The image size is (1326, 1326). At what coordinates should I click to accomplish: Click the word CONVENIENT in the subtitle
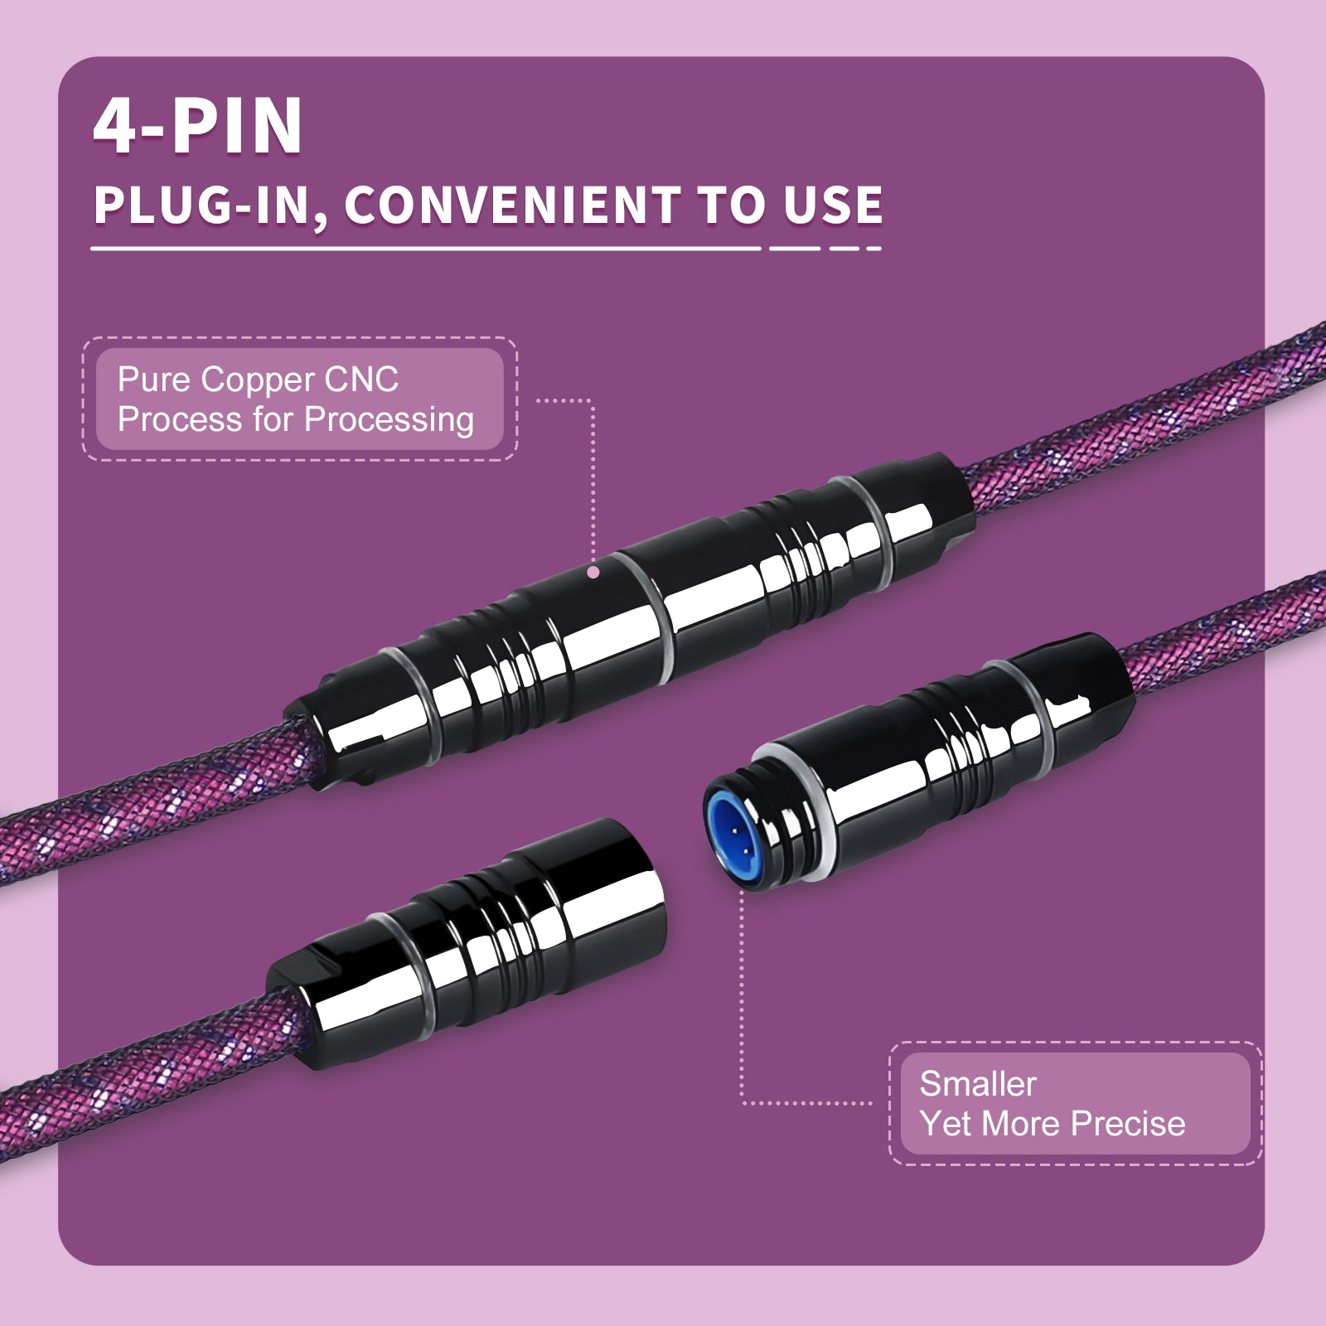pos(512,206)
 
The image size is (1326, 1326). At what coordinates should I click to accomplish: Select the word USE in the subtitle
pos(833,206)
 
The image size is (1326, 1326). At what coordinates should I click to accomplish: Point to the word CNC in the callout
pos(362,380)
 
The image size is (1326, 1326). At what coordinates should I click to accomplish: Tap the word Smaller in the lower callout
pos(978,1084)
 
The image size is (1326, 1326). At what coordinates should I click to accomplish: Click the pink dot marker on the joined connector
pos(593,572)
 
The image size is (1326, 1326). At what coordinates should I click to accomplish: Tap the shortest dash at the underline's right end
pos(873,248)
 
